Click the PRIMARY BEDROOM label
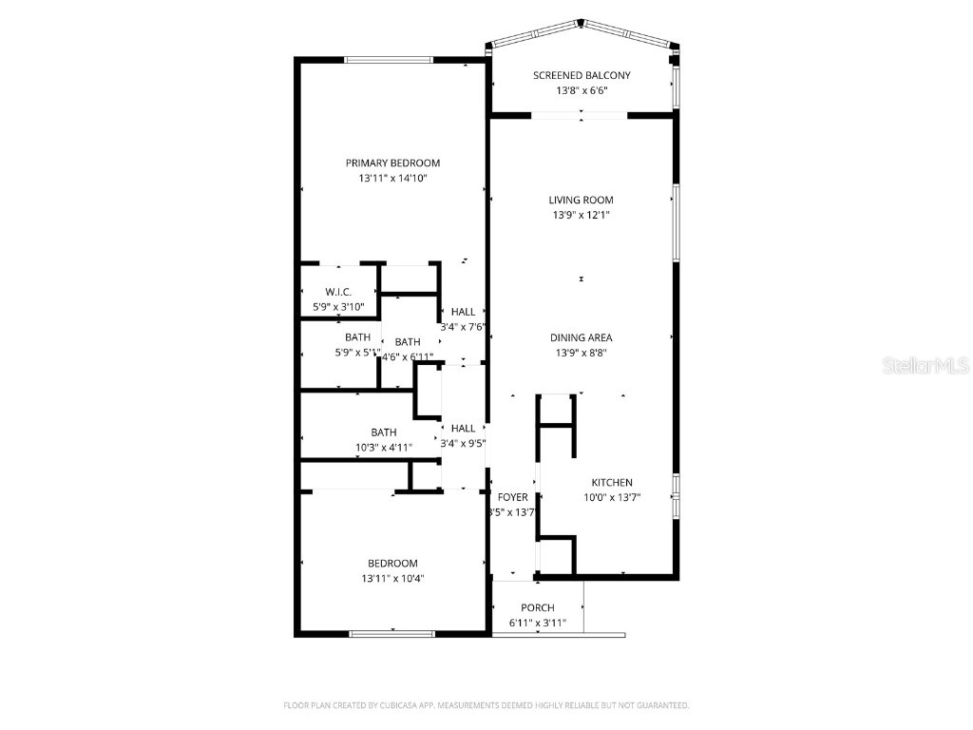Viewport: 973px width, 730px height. (x=392, y=163)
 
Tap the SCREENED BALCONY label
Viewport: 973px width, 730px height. (x=581, y=75)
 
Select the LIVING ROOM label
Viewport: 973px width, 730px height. (x=581, y=200)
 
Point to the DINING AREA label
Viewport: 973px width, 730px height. (x=581, y=337)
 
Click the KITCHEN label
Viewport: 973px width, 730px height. (x=612, y=483)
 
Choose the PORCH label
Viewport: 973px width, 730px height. (x=537, y=607)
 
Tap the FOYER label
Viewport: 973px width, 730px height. (x=512, y=497)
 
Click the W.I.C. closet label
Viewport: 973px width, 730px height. (x=339, y=292)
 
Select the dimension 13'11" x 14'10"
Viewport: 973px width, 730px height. (x=392, y=179)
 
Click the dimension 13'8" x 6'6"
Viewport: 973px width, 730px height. (x=581, y=91)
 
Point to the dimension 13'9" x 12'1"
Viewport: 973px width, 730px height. (x=581, y=216)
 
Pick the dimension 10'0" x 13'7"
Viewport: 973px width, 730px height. (x=612, y=498)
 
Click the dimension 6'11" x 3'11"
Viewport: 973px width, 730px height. (x=537, y=624)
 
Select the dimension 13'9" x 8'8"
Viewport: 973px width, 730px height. (x=581, y=353)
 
